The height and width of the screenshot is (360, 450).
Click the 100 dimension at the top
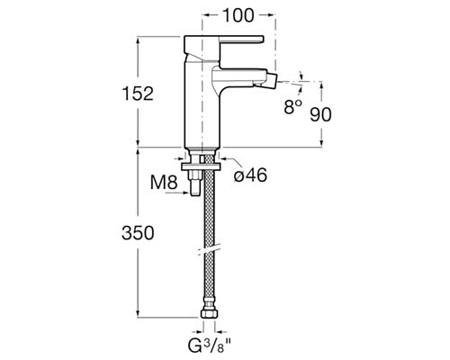click(238, 15)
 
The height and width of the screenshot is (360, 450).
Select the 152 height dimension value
click(138, 94)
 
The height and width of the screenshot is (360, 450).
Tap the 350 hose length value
click(138, 233)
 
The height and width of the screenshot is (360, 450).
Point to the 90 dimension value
click(320, 114)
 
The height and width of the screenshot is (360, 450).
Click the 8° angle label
click(292, 106)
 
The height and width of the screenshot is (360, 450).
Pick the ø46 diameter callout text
click(250, 175)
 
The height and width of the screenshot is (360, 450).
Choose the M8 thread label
click(164, 182)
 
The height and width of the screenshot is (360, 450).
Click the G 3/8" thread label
click(210, 346)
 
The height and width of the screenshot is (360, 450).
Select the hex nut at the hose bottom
click(209, 313)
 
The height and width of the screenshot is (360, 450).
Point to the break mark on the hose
click(209, 251)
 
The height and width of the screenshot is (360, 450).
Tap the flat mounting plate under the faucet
click(202, 166)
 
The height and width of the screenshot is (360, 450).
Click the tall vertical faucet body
click(202, 102)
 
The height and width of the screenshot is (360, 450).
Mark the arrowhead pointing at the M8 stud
click(186, 193)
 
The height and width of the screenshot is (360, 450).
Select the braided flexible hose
click(209, 232)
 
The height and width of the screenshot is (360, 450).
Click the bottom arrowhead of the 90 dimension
click(321, 143)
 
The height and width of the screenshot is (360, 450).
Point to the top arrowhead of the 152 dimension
click(138, 40)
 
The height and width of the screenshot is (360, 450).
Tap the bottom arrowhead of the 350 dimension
click(138, 312)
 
